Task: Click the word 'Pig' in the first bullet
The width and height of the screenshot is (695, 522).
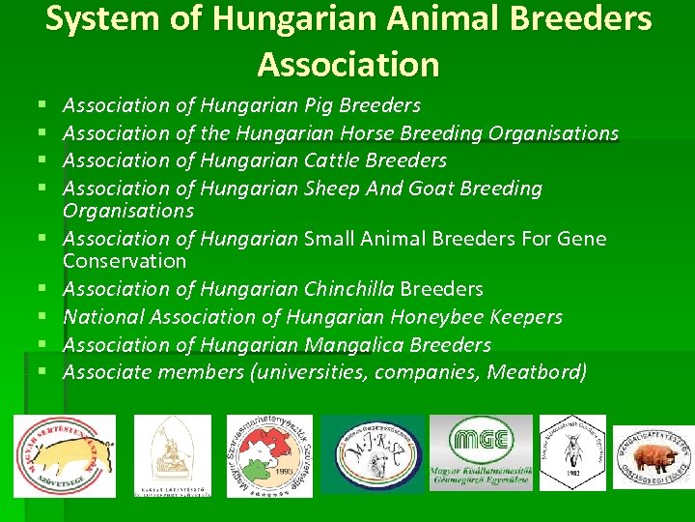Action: [x=318, y=104]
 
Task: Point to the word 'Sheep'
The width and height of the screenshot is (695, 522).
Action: [x=332, y=188]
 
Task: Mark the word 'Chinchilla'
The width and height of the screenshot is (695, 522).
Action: [x=348, y=288]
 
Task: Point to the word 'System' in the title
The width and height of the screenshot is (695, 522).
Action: [x=93, y=18]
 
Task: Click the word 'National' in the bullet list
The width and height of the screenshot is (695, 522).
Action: [x=105, y=316]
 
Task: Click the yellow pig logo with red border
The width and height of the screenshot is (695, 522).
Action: [x=65, y=455]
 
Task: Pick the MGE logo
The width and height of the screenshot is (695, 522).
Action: [x=481, y=452]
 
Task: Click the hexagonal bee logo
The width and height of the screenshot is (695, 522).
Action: [x=572, y=452]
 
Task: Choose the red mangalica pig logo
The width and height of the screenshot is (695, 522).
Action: [x=655, y=455]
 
